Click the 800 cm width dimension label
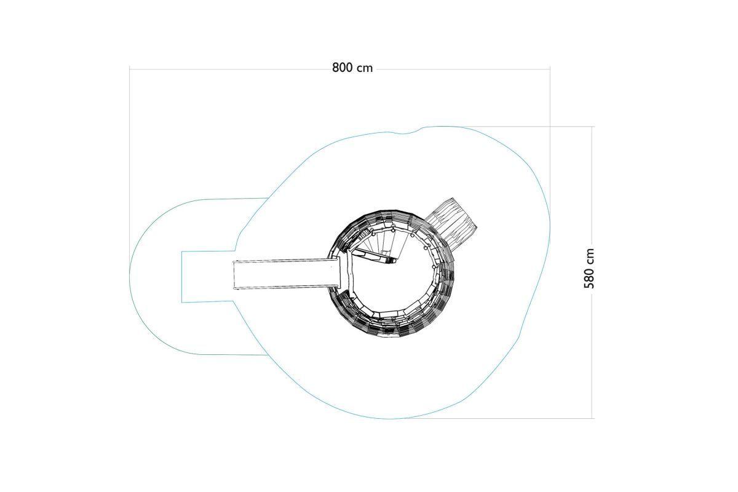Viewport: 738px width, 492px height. tap(352, 68)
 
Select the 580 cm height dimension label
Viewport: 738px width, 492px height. tap(589, 269)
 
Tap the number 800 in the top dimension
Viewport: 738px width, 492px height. tap(342, 68)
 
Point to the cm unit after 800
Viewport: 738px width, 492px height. tap(365, 68)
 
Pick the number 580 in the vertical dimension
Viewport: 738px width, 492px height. tap(589, 278)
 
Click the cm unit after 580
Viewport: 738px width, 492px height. tap(589, 256)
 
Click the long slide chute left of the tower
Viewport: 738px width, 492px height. tap(287, 275)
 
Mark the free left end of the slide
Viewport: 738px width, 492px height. tap(233, 275)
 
